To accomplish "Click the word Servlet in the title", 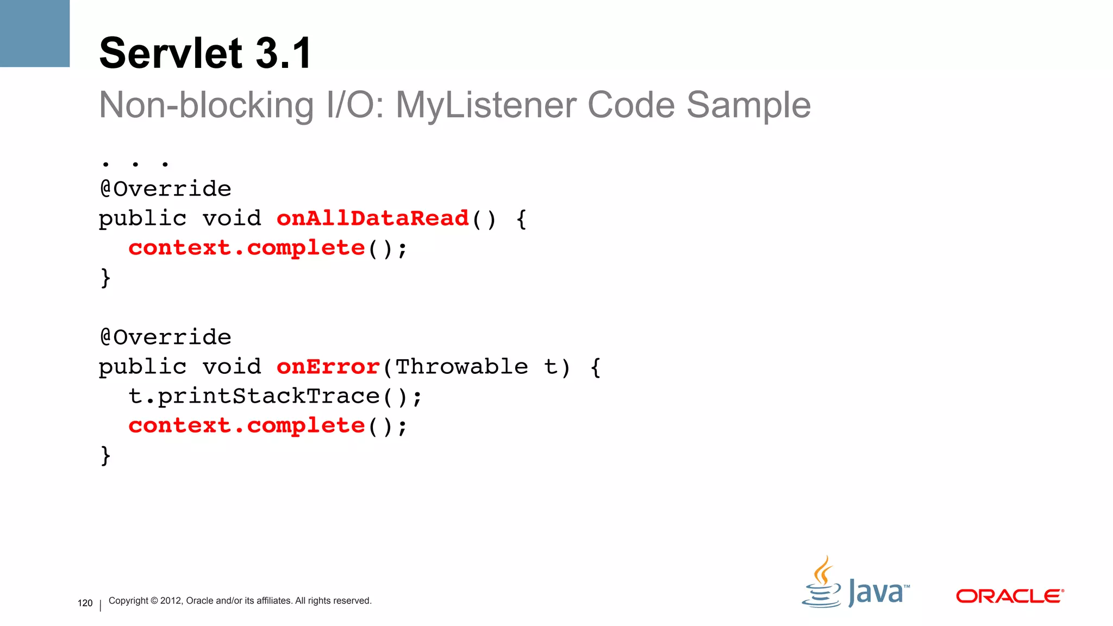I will click(171, 53).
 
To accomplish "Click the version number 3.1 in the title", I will click(284, 53).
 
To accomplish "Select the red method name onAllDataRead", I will click(373, 218).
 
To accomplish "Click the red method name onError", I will click(328, 367).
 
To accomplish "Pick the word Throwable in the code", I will click(461, 367).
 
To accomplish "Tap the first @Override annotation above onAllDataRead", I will click(166, 189).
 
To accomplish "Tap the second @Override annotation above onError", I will click(166, 337).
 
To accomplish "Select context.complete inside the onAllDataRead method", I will click(247, 248).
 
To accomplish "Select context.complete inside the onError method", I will click(247, 425).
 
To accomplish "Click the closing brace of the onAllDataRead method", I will click(105, 278).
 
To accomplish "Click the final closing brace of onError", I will click(105, 455).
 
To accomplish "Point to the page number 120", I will click(85, 603).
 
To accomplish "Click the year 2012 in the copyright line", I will click(171, 600).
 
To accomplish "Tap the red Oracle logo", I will click(1010, 596).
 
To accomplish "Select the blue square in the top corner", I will click(35, 33).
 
